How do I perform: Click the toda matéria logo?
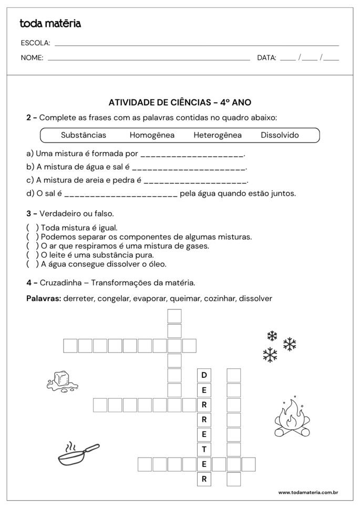[x=50, y=23]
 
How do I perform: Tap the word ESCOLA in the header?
[x=35, y=43]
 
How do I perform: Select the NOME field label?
[x=32, y=58]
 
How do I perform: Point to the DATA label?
[x=266, y=58]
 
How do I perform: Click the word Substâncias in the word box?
[x=84, y=135]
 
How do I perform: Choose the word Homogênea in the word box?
[x=152, y=135]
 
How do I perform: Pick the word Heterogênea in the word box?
[x=218, y=135]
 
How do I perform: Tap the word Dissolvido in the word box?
[x=280, y=135]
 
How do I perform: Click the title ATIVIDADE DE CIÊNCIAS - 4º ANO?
[x=180, y=102]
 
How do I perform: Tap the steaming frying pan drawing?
[x=78, y=454]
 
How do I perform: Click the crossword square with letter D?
[x=204, y=375]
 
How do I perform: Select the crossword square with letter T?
[x=204, y=449]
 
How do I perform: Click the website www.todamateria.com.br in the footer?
[x=307, y=492]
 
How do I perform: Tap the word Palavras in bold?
[x=44, y=298]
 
